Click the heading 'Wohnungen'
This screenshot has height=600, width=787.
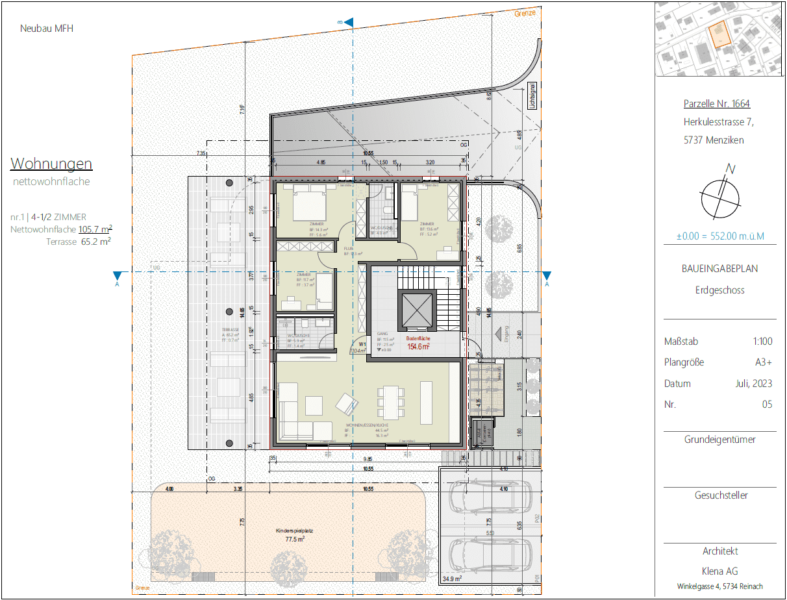[x=51, y=163]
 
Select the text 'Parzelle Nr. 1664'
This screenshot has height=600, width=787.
[x=717, y=103]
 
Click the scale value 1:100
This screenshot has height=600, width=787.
[x=762, y=342]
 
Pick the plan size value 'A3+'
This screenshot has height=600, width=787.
[x=763, y=362]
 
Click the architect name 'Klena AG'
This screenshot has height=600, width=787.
[x=720, y=571]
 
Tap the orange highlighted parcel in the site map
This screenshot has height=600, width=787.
[x=718, y=34]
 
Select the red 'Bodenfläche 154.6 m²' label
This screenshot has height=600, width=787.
[x=418, y=343]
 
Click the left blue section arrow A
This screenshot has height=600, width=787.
[x=117, y=276]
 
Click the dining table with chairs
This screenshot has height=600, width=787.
[x=390, y=403]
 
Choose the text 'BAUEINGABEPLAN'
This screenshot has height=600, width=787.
[x=720, y=268]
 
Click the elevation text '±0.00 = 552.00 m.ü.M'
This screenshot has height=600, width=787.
[x=720, y=236]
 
